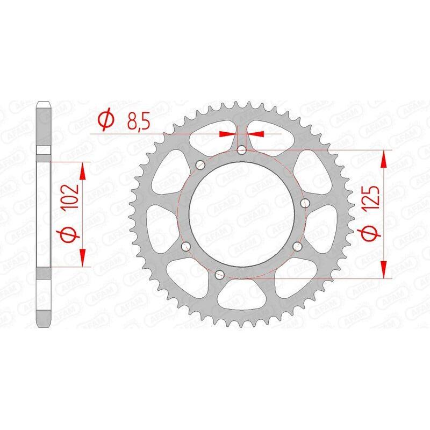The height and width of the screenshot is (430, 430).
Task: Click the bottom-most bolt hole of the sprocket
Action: (x=218, y=275)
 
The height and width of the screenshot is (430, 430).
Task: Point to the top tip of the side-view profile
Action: (x=44, y=103)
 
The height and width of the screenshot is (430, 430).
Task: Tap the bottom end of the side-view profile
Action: (x=44, y=325)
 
